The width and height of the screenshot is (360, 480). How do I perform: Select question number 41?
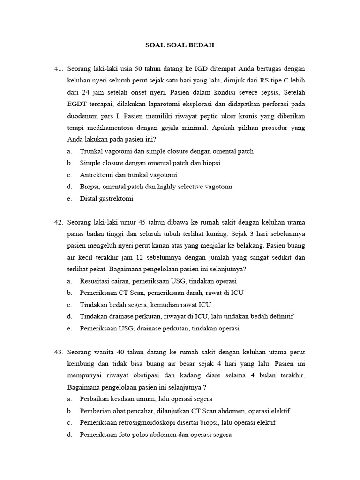(59, 69)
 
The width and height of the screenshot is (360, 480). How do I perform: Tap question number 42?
(59, 222)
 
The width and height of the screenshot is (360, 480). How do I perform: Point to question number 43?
(59, 352)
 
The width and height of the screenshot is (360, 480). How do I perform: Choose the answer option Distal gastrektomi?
(106, 198)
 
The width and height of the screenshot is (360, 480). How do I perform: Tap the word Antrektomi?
(97, 175)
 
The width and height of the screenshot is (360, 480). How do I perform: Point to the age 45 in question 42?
(143, 222)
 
